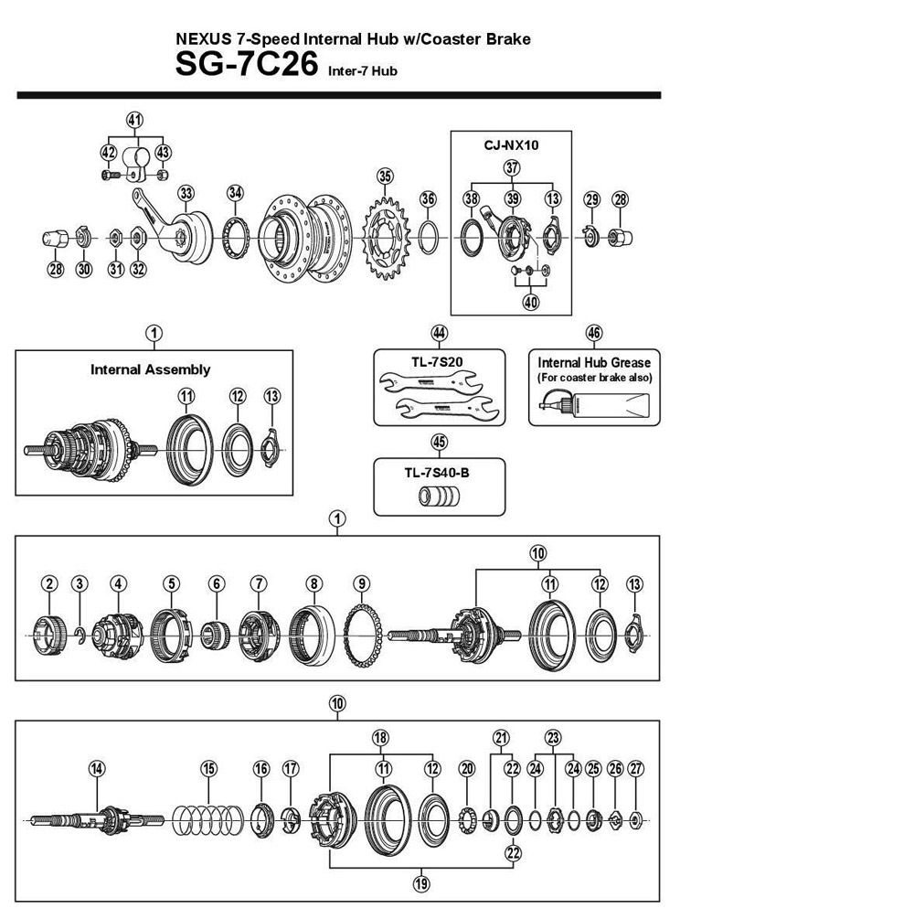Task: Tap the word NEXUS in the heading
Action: (x=200, y=39)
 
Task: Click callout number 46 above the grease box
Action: (x=594, y=333)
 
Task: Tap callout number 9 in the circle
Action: (x=362, y=583)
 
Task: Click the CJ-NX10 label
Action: (x=511, y=144)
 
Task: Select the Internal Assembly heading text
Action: (x=150, y=369)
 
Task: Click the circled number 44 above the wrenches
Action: (x=439, y=333)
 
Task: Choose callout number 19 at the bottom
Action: (x=420, y=883)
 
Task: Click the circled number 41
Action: (x=135, y=121)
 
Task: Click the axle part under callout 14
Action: (x=97, y=816)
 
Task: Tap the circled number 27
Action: (x=637, y=768)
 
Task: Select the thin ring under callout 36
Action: (x=428, y=235)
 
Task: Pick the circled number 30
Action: (x=84, y=269)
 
